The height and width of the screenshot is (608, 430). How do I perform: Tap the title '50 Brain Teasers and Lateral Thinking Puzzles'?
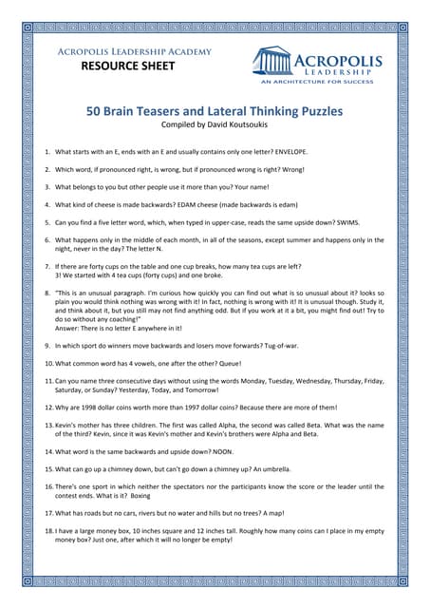click(x=215, y=111)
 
